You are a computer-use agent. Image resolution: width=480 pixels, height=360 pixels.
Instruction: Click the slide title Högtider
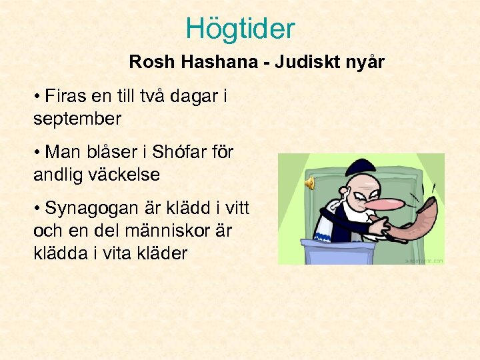coord(240,29)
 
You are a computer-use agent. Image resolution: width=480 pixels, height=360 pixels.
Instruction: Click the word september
coord(77,119)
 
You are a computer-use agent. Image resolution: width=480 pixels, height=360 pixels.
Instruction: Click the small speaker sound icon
coord(310,183)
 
